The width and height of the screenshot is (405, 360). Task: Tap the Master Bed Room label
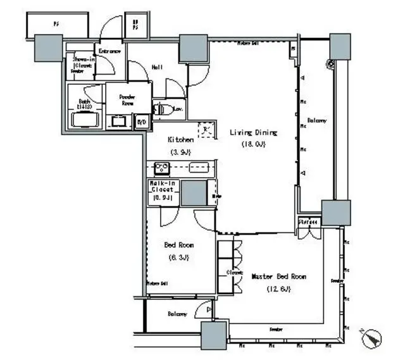coord(279,277)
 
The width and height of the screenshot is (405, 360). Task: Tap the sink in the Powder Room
coord(118,121)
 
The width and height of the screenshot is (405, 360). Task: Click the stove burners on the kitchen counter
coord(161,168)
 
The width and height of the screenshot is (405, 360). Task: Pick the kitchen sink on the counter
coord(198,168)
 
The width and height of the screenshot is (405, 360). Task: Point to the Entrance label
coord(108,51)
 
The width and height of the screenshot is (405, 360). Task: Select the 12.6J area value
coord(279,289)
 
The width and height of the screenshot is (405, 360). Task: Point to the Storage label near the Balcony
coord(309,222)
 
